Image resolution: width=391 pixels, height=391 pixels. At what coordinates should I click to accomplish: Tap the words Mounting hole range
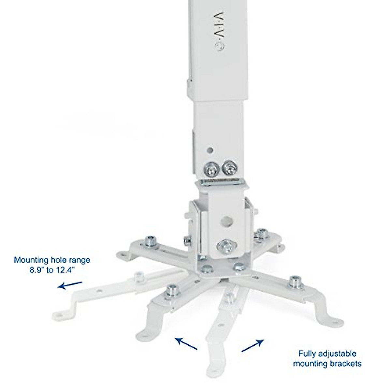pyautogui.click(x=52, y=260)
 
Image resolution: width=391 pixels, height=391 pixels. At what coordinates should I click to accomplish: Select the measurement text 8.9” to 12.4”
pyautogui.click(x=52, y=270)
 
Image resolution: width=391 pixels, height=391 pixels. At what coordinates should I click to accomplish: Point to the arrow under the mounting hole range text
pyautogui.click(x=70, y=285)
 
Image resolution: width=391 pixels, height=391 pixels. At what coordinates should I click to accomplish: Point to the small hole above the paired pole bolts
pyautogui.click(x=210, y=151)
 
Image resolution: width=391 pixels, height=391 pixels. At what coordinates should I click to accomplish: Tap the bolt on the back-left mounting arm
pyautogui.click(x=150, y=241)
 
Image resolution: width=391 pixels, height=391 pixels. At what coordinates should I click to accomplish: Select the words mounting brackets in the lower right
pyautogui.click(x=327, y=364)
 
